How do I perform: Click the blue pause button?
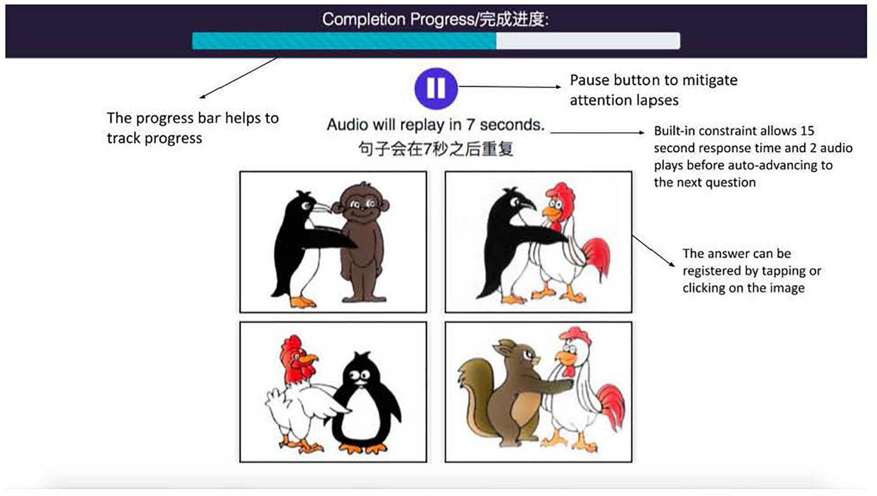click(x=436, y=88)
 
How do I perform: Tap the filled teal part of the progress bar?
click(x=344, y=41)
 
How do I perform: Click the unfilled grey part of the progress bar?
click(x=588, y=41)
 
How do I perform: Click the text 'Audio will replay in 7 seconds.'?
click(x=435, y=125)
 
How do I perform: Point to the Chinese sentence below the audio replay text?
click(x=436, y=149)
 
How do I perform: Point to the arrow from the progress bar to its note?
click(x=238, y=78)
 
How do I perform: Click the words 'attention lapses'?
click(x=624, y=101)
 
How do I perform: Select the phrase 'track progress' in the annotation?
click(x=154, y=138)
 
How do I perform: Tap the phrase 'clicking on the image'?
click(x=743, y=288)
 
